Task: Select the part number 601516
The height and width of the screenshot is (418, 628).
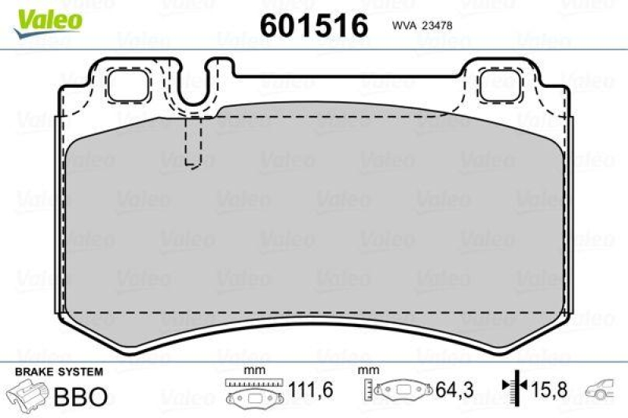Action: tap(313, 25)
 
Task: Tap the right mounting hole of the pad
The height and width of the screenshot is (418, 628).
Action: tap(500, 84)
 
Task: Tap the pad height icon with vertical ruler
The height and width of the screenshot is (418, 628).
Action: tap(397, 390)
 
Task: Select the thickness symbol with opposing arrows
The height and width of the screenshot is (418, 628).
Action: tap(513, 388)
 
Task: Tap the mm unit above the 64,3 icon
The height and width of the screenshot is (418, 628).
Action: tap(364, 369)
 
